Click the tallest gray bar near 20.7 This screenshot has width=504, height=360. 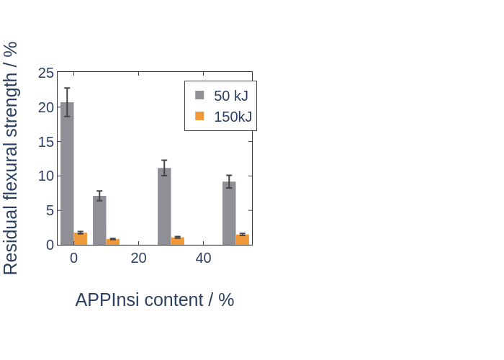[67, 174]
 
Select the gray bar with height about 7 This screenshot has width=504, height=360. [99, 220]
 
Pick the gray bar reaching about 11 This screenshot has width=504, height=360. [164, 207]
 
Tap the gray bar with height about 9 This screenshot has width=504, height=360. [229, 213]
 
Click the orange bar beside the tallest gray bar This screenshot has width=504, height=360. [81, 239]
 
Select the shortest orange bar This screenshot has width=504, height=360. [113, 242]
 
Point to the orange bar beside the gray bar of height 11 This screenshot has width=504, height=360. [177, 241]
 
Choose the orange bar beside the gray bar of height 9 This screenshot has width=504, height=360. [243, 240]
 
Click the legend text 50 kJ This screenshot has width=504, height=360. [231, 96]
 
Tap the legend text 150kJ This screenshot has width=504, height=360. [233, 117]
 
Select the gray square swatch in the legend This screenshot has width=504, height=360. [199, 95]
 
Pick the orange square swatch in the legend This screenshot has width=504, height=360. [199, 116]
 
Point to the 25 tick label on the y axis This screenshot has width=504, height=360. [46, 73]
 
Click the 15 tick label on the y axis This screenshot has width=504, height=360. [46, 142]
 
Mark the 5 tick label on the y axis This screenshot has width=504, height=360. [50, 211]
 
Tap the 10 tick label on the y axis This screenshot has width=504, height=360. [46, 176]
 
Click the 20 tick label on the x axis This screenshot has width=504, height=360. [138, 258]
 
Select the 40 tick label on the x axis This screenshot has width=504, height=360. [204, 258]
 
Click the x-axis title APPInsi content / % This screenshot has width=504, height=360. [155, 300]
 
